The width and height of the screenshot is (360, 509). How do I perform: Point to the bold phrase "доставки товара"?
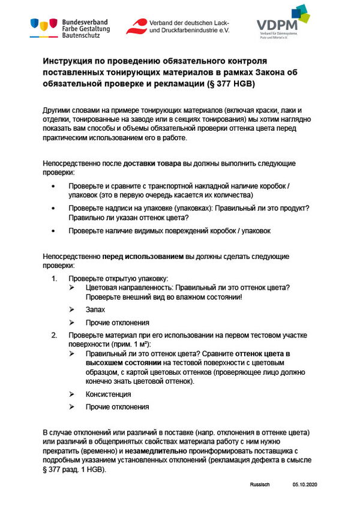[x=152, y=164]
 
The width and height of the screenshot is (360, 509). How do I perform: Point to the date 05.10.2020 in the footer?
[x=304, y=483]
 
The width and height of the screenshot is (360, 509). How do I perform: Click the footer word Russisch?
[x=261, y=483]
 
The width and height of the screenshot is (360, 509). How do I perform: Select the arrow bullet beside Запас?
[x=72, y=309]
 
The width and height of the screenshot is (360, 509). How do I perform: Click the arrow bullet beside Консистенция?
[x=72, y=394]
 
